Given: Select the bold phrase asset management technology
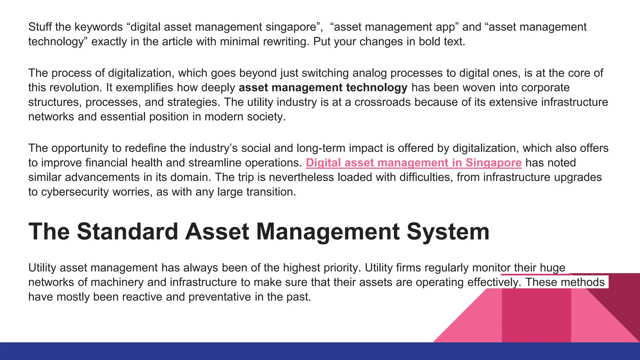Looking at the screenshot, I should tap(323, 88).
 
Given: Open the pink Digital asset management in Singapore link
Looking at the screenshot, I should tap(413, 163).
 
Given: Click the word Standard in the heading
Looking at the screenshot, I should tap(127, 232).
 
